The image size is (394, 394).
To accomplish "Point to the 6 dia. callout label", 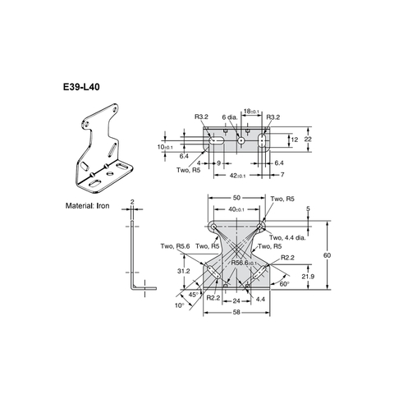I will point(234,118).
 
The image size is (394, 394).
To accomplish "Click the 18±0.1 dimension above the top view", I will point(252,111).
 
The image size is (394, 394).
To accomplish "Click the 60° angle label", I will point(284,283).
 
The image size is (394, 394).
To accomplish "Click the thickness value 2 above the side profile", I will point(131,200).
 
